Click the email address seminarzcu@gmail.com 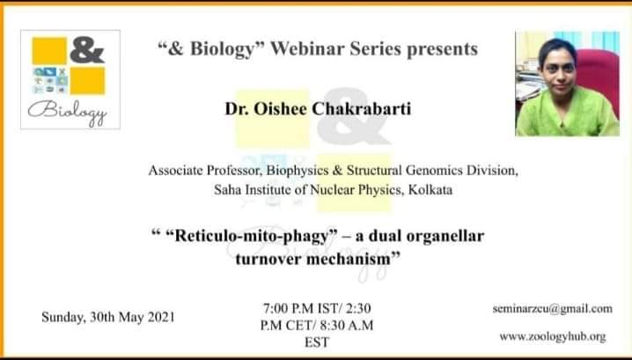(552, 309)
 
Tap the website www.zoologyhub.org (553, 336)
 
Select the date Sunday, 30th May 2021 (108, 317)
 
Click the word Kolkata (430, 189)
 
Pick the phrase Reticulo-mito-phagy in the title (251, 236)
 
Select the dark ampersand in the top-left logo (87, 50)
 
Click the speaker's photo (567, 84)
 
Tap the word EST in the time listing (317, 342)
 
